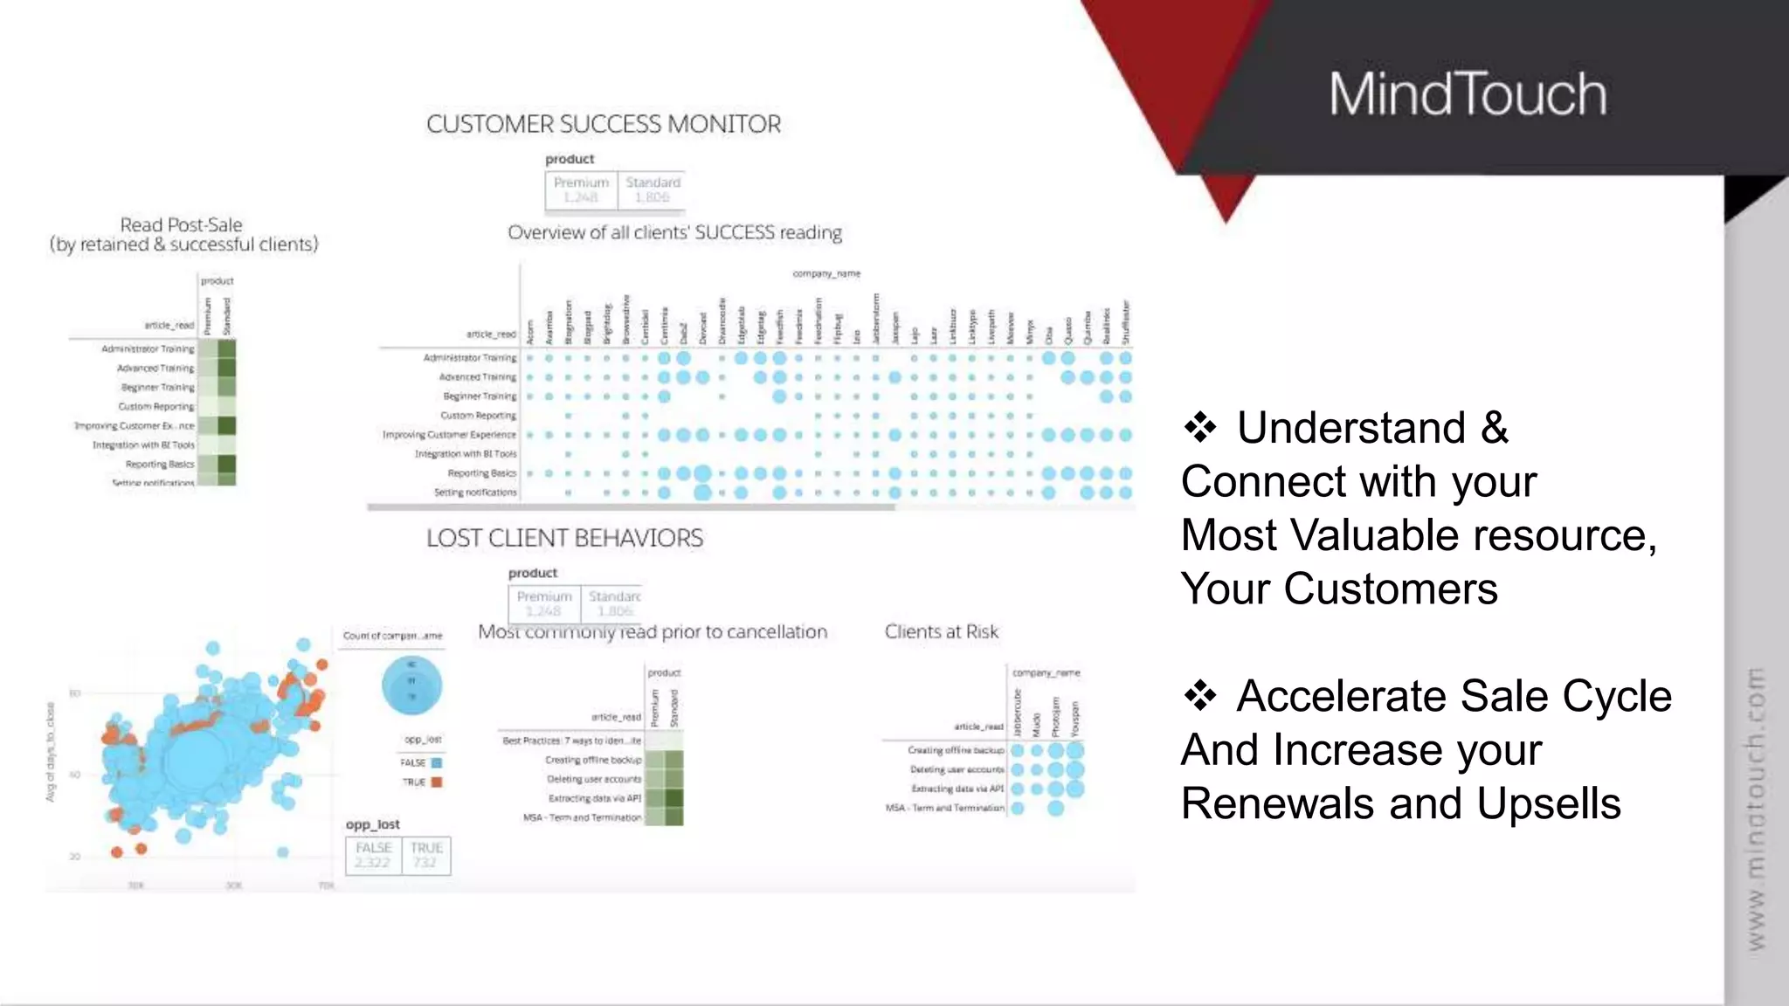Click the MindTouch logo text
(1468, 94)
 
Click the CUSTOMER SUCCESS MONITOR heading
(604, 124)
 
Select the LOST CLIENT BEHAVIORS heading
(564, 538)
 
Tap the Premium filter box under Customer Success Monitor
(581, 189)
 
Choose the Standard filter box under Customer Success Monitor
(652, 189)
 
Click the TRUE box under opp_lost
(426, 855)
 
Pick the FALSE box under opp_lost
(374, 855)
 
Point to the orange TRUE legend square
(437, 782)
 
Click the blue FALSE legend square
(437, 762)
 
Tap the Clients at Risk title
(941, 631)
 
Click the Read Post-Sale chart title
(182, 234)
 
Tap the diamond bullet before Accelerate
(1200, 696)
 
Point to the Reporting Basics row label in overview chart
(481, 473)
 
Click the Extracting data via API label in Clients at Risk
(957, 789)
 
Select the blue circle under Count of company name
(411, 686)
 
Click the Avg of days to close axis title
(51, 752)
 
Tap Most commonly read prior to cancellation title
(653, 631)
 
